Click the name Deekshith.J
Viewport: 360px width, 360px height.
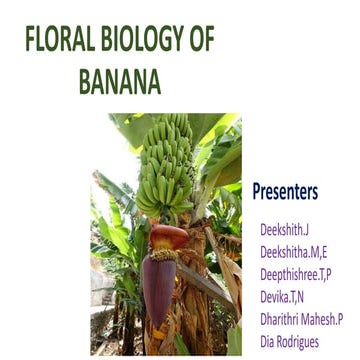286,229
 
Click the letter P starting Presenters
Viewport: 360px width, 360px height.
257,190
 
